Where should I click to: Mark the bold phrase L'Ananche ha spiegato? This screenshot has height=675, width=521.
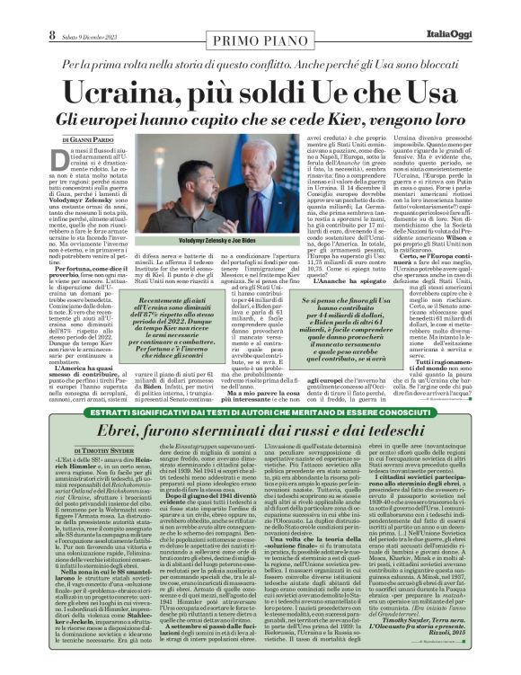pos(347,280)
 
